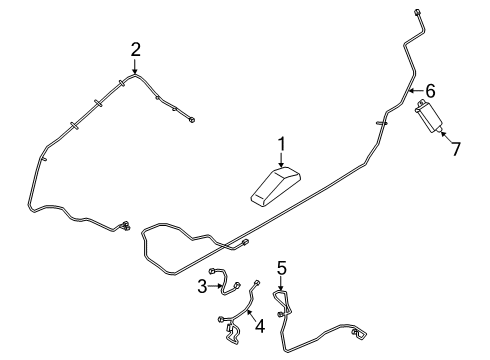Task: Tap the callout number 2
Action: (135, 47)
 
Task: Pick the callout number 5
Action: (282, 267)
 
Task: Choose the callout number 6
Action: (431, 91)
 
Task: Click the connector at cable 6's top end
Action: (414, 12)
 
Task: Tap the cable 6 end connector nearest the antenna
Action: (245, 242)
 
